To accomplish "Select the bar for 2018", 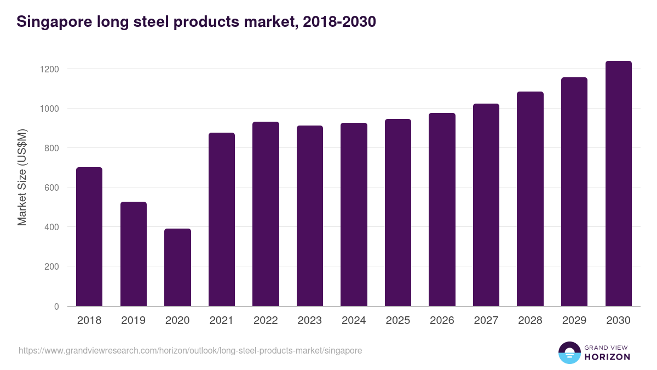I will point(89,237).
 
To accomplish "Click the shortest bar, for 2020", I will point(177,267).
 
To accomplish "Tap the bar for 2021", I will point(222,219).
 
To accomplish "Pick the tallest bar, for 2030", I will point(619,184).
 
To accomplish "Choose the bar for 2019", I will point(134,254).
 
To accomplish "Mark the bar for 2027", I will point(486,205).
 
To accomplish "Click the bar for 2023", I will point(310,216).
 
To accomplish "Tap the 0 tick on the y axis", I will point(56,306).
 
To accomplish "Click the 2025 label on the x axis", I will point(398,321).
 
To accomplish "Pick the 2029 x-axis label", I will point(574,321).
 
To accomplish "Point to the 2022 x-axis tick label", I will point(266,321).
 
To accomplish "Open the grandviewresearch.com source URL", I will point(190,350).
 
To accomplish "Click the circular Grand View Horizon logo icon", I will point(569,352).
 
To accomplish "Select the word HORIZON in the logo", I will point(607,357).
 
